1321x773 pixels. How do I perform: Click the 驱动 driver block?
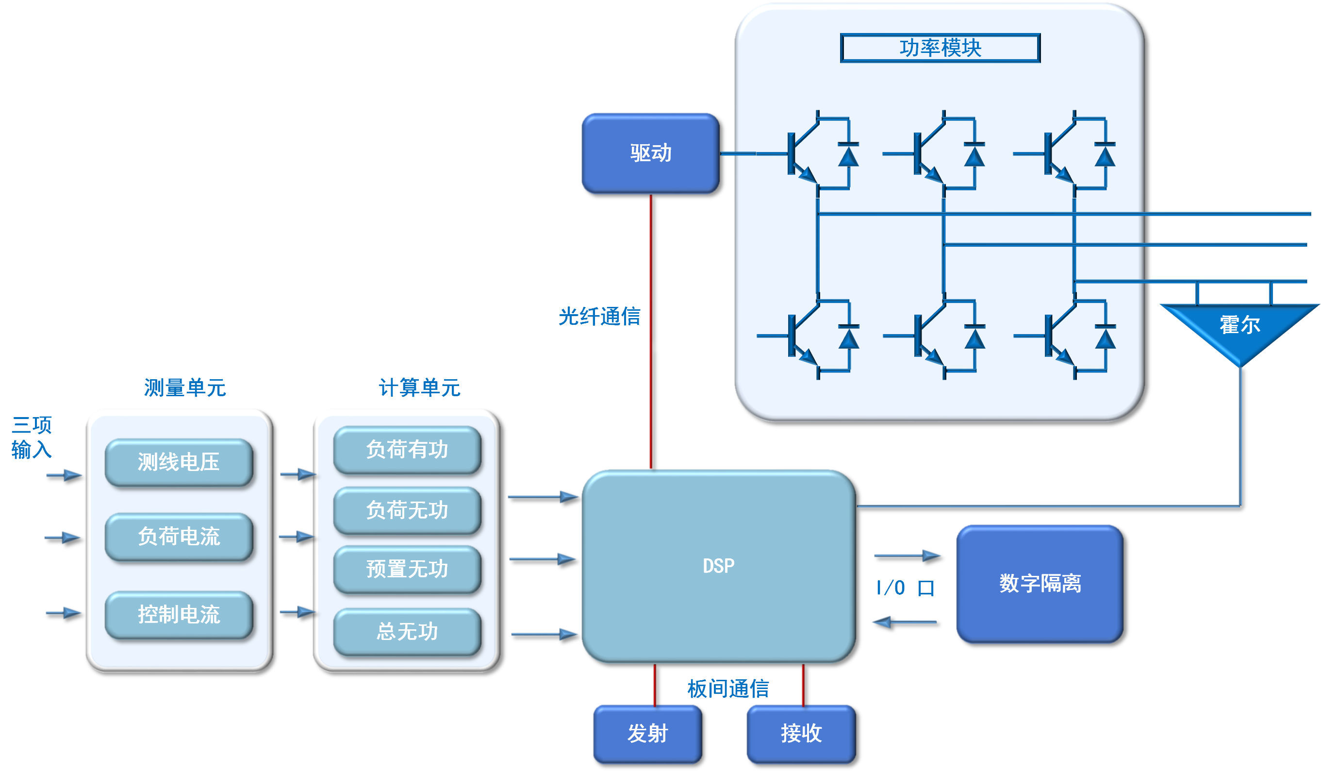pos(650,153)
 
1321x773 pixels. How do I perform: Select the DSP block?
pos(719,566)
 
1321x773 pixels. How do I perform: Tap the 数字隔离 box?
pos(1040,584)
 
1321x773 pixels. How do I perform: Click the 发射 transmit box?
pos(648,734)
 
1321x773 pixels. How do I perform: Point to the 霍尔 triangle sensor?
pos(1240,330)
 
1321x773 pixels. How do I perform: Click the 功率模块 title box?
pos(941,48)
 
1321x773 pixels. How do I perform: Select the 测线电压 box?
pos(179,462)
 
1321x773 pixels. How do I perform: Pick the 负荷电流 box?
pos(179,537)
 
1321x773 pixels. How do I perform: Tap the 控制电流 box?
pos(179,615)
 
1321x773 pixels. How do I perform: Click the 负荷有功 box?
pos(407,450)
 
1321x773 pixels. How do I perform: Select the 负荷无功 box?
pos(407,510)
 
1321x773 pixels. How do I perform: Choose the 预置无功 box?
pos(407,569)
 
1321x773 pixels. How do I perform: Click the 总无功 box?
pos(407,631)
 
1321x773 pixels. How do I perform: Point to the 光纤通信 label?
pos(600,317)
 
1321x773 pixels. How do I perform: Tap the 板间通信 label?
pos(728,689)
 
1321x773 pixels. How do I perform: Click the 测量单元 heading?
pos(185,388)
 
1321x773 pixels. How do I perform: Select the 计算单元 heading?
pos(419,388)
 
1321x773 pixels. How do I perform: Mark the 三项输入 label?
pos(32,437)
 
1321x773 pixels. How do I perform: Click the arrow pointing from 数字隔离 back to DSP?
pos(905,622)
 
